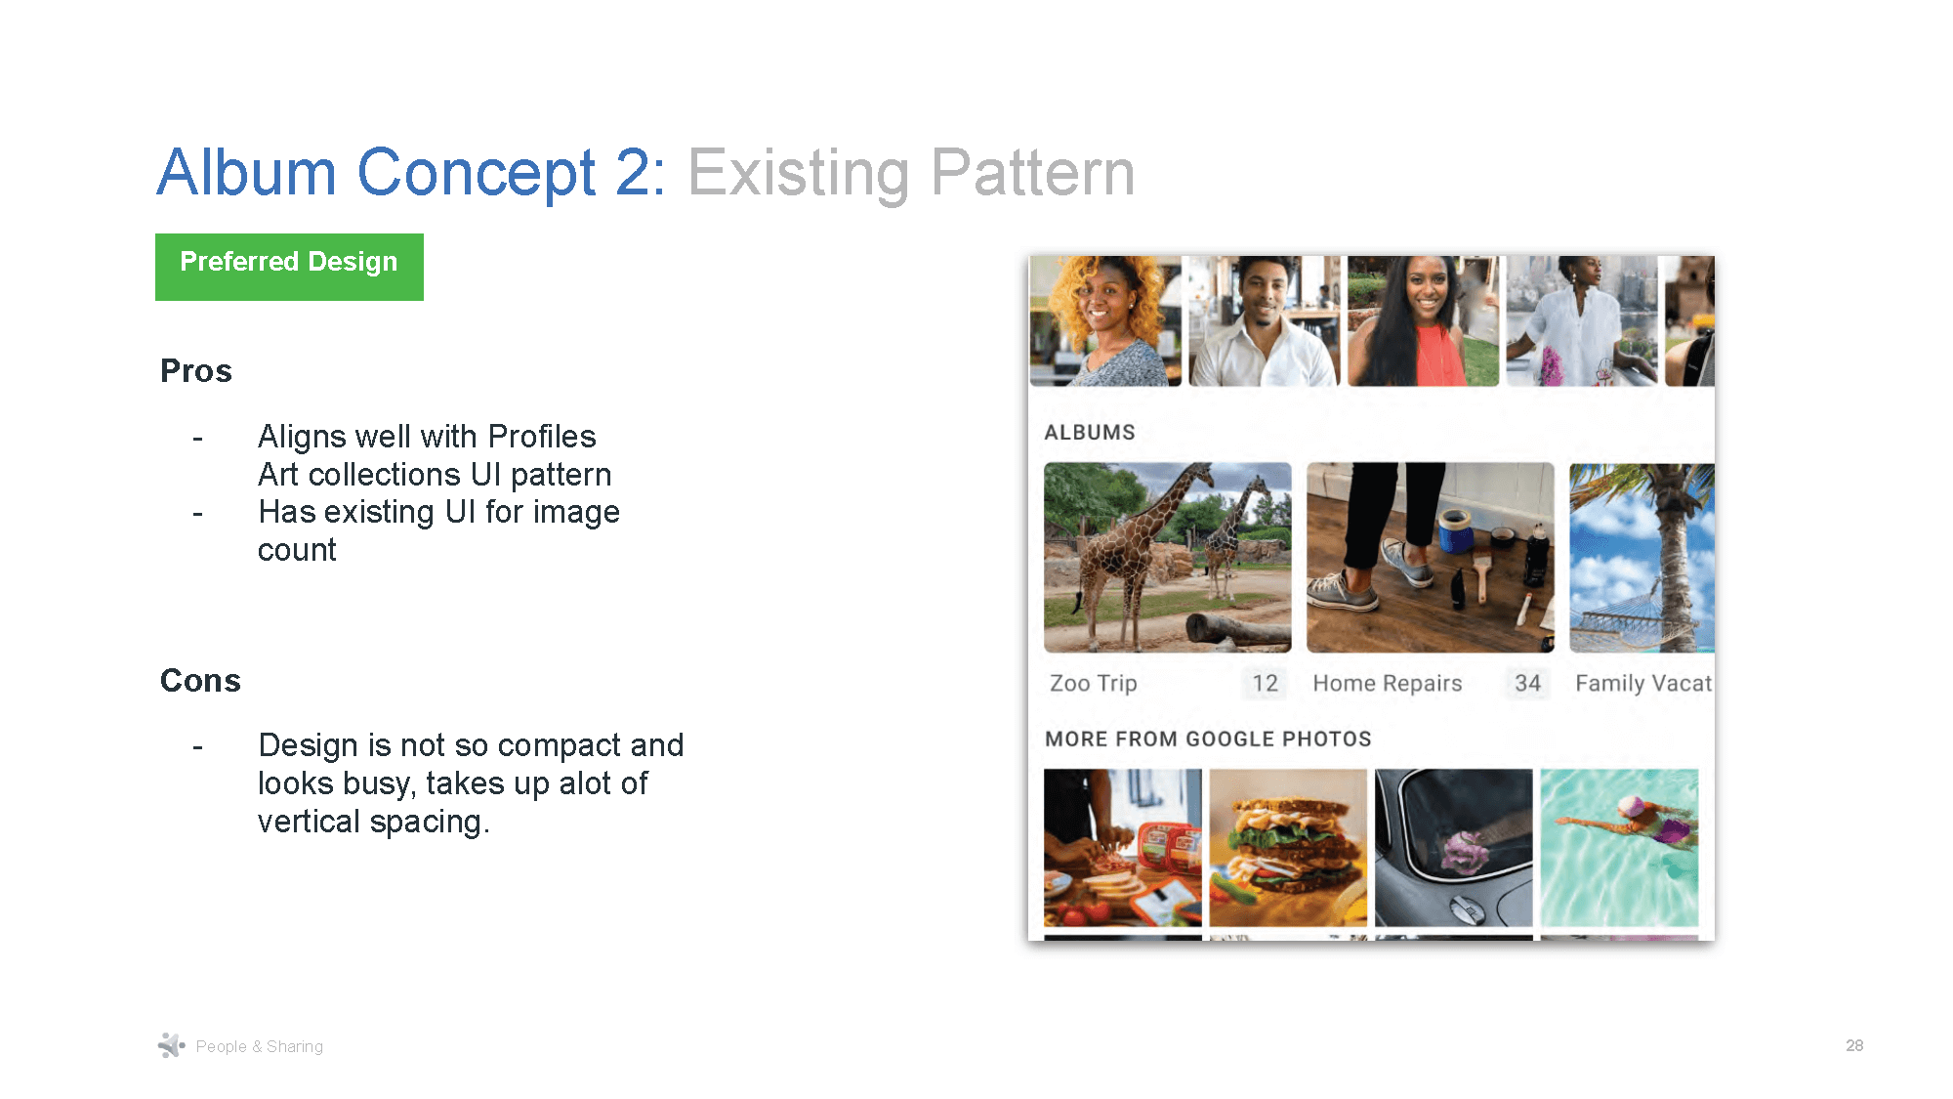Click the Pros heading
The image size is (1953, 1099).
(196, 371)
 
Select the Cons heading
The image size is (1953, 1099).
(200, 681)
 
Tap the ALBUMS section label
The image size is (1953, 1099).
(1090, 432)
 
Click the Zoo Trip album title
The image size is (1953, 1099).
(1094, 683)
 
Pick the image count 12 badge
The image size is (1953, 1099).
(1265, 683)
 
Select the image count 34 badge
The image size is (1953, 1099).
(1527, 683)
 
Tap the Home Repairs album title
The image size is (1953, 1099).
(1388, 683)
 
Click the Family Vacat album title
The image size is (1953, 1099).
(1643, 683)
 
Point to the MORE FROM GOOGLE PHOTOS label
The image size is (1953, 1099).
(1208, 739)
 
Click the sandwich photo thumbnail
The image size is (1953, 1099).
(1288, 847)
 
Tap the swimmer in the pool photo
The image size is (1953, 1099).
(1619, 847)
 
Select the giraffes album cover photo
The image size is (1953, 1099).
(1167, 557)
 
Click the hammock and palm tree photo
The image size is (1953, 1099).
(1641, 557)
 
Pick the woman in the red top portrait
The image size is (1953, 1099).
(1423, 320)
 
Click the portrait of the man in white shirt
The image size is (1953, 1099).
(1264, 320)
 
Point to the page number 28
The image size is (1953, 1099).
(1854, 1045)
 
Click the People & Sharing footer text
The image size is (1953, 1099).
(259, 1046)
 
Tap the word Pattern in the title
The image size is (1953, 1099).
(1032, 173)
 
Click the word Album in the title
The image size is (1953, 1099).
(247, 173)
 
